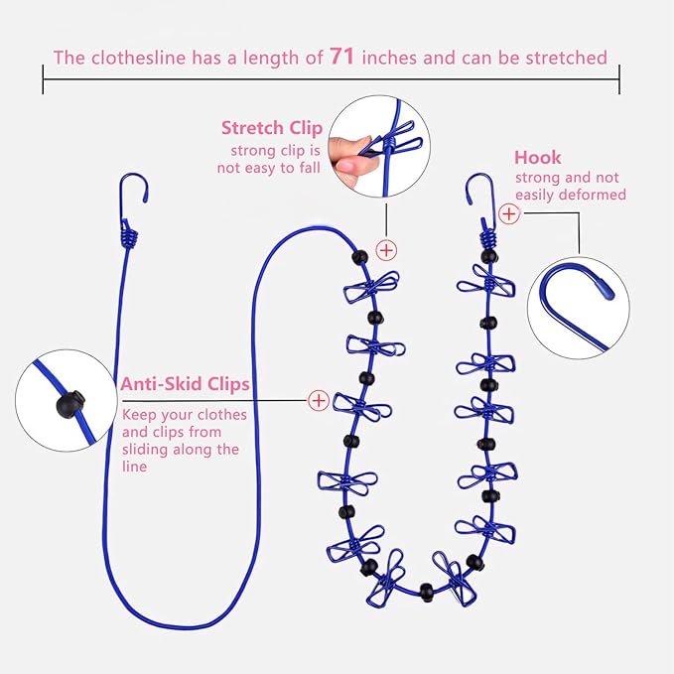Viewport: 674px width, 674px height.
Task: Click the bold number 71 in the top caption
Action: (x=342, y=57)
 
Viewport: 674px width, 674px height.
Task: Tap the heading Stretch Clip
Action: (x=272, y=128)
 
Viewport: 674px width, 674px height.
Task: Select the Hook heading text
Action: (x=537, y=157)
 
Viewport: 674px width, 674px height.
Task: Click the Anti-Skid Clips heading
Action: (x=185, y=384)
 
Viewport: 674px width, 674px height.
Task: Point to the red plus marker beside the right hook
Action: (x=509, y=213)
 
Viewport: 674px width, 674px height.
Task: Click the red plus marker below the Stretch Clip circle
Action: (x=386, y=250)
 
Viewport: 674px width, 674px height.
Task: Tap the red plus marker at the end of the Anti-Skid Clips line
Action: (x=319, y=401)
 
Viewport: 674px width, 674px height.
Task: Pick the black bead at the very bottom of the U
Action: (x=427, y=592)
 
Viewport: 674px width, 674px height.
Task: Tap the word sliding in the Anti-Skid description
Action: (x=145, y=450)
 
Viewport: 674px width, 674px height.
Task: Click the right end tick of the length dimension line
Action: (x=619, y=79)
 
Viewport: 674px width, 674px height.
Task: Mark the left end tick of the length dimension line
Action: (x=43, y=79)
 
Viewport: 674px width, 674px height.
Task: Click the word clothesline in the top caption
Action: (x=138, y=58)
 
